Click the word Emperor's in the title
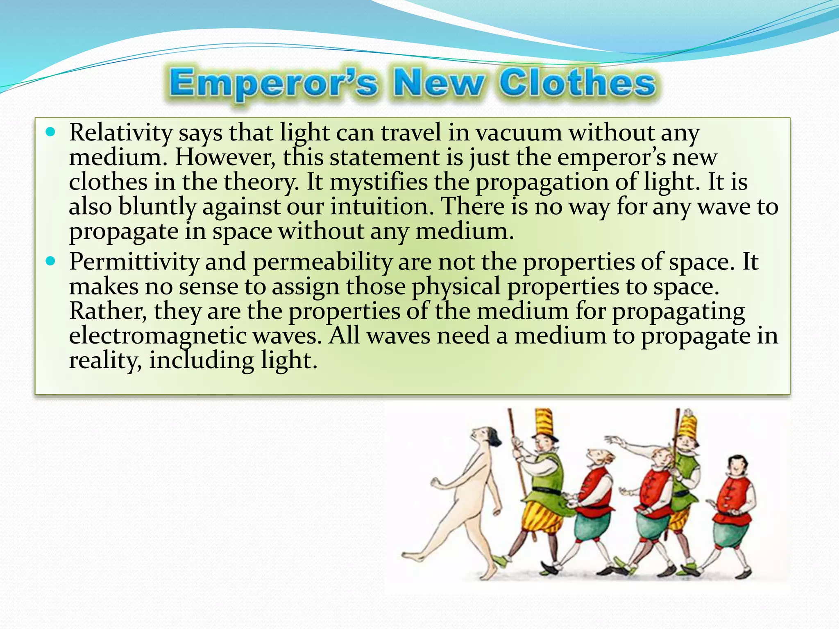click(x=273, y=84)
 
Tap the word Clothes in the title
click(x=577, y=84)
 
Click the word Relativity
click(x=121, y=133)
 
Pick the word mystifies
click(x=379, y=182)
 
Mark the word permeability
click(x=322, y=262)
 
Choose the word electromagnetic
click(x=158, y=336)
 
